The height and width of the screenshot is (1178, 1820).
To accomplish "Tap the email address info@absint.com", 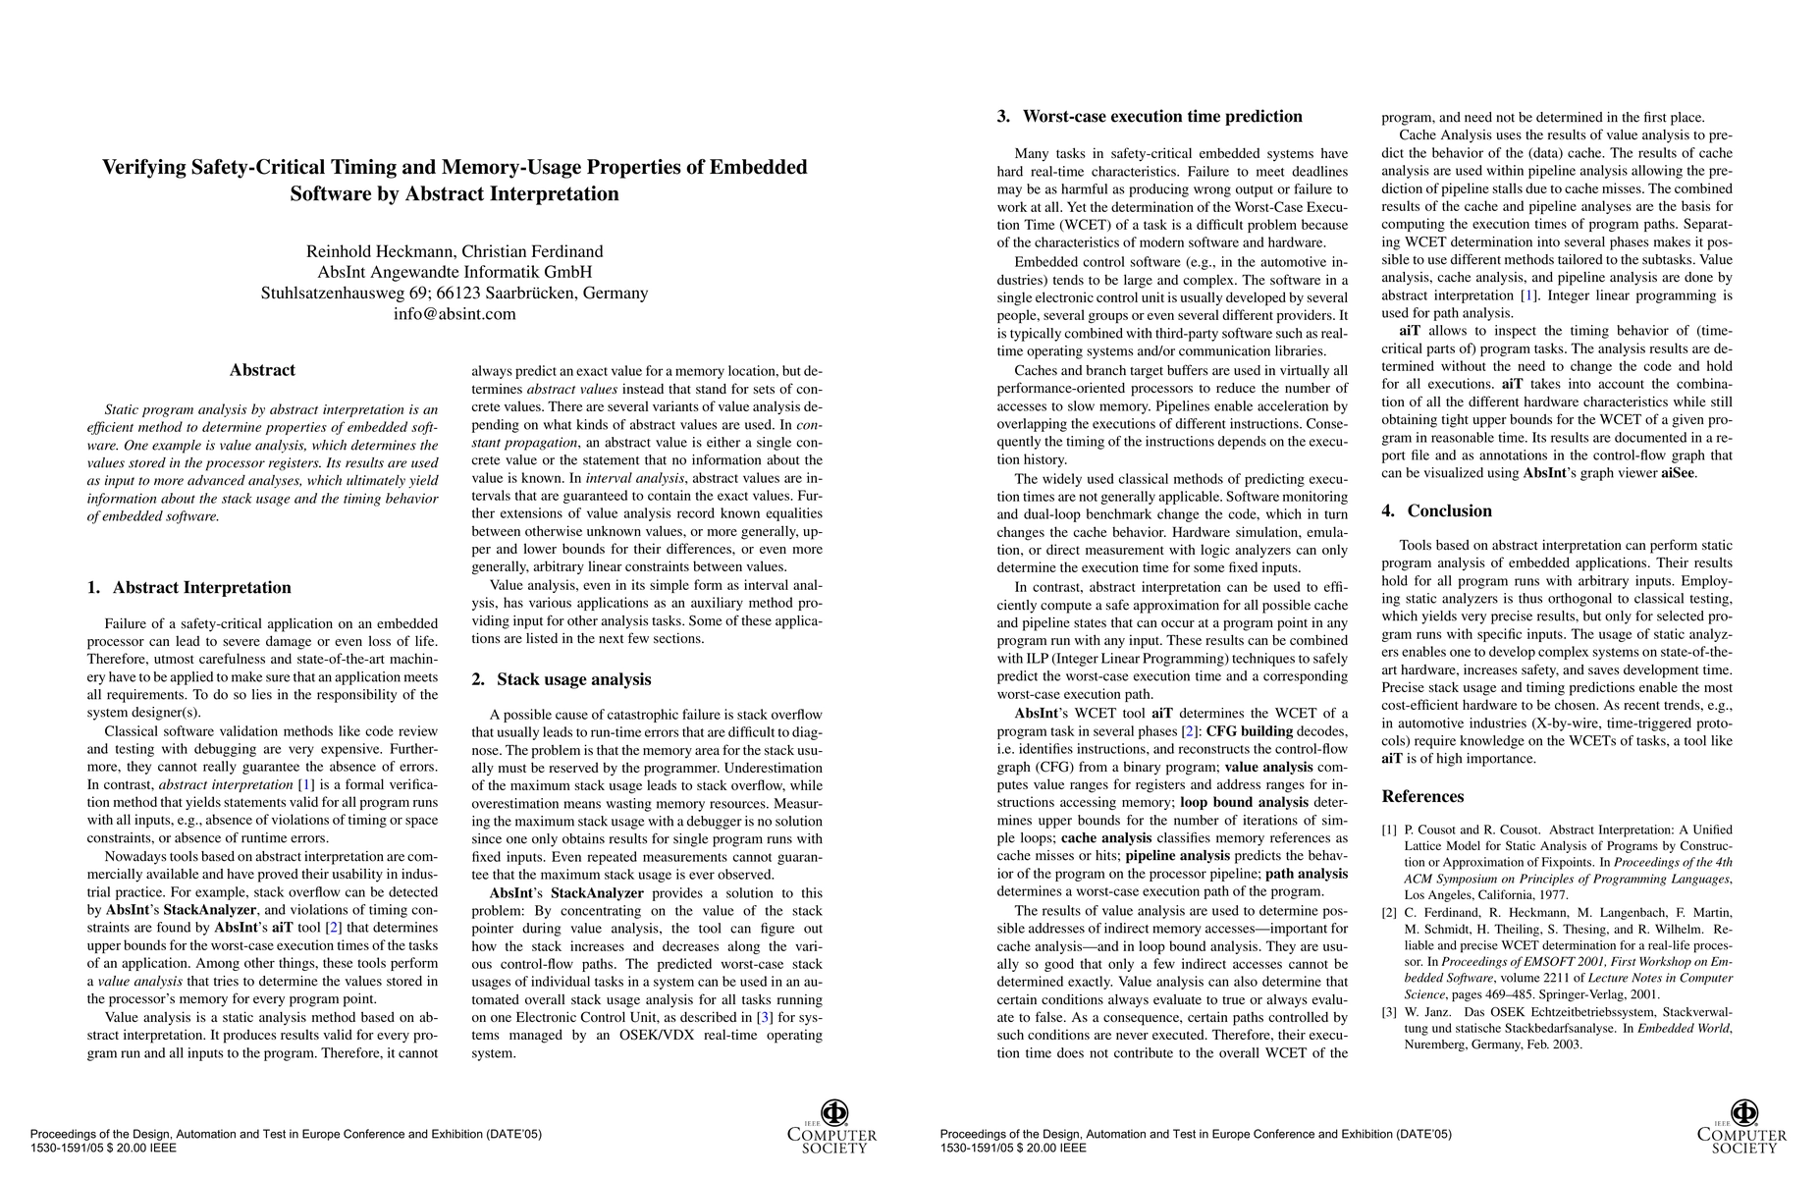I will (455, 314).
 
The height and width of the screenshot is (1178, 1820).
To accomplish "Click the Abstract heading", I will (262, 370).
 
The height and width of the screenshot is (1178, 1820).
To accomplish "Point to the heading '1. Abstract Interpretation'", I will (189, 588).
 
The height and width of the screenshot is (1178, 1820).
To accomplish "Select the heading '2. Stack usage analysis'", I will (562, 679).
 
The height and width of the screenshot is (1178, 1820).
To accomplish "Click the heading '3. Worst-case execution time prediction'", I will (1150, 117).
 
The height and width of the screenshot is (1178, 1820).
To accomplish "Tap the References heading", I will (1422, 796).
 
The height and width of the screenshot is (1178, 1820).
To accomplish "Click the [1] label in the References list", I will (1389, 830).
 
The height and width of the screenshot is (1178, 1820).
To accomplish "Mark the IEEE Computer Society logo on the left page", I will (832, 1127).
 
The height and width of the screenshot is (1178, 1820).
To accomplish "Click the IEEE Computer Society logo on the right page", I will (1742, 1127).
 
